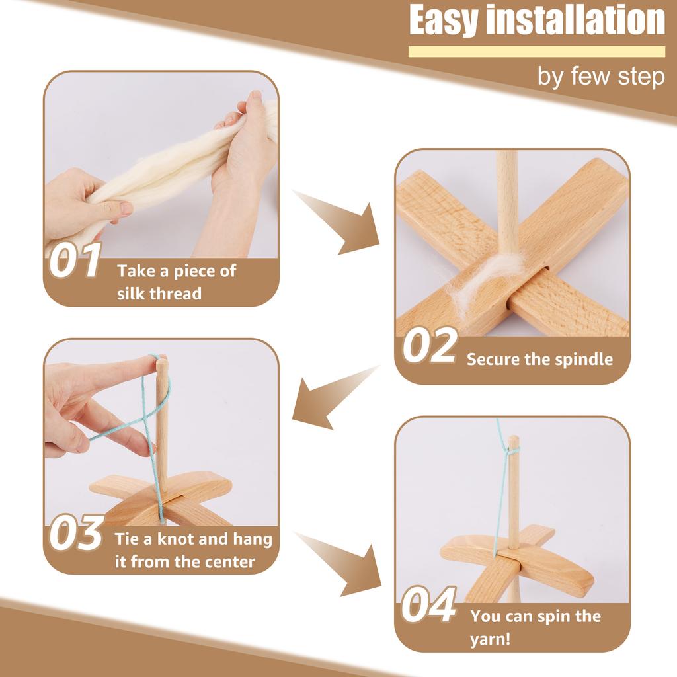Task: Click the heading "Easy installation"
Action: tap(537, 21)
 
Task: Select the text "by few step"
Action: tap(600, 77)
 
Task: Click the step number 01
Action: tap(75, 260)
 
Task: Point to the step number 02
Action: tap(429, 346)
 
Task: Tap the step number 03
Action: tap(77, 535)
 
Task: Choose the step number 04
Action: tap(429, 605)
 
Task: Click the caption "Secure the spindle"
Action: tap(539, 360)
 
